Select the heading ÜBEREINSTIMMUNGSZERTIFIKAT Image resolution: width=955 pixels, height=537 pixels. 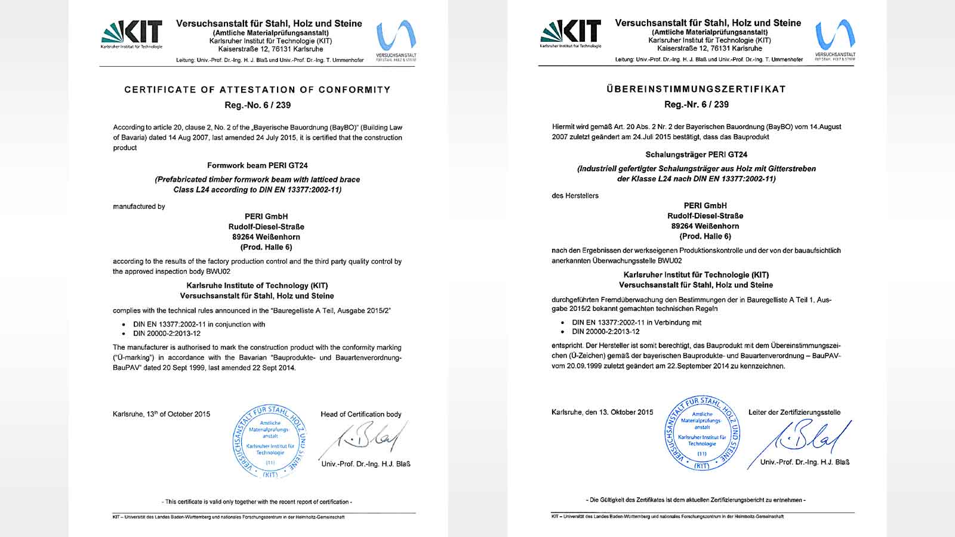(696, 89)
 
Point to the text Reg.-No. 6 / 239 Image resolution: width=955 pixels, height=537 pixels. (257, 105)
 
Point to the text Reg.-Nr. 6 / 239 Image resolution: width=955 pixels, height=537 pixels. (696, 104)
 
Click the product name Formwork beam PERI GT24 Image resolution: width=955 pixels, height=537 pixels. (257, 165)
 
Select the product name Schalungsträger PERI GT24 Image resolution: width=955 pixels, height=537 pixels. (696, 155)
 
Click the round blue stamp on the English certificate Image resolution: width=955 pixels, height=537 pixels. (270, 442)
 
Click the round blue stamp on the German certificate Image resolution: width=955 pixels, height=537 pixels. (703, 433)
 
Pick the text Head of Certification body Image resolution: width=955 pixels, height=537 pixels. (361, 414)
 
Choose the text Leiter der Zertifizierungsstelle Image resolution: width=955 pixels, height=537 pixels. (794, 412)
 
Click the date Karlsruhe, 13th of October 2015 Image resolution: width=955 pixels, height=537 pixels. (161, 414)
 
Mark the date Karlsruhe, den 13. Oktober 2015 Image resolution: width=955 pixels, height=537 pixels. (602, 412)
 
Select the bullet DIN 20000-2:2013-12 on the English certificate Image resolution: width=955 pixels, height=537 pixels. (167, 334)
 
